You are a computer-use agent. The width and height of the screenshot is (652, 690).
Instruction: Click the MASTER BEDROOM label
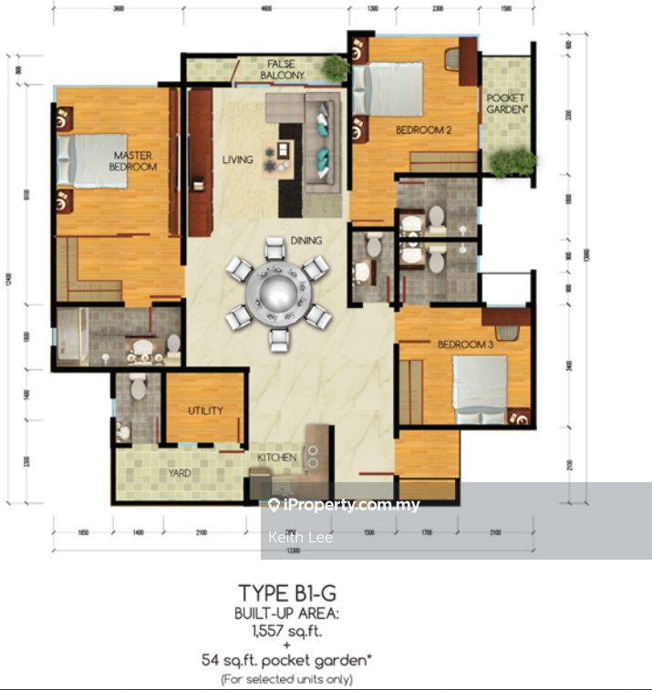132,160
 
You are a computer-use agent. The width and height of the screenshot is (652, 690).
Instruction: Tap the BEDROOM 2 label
423,130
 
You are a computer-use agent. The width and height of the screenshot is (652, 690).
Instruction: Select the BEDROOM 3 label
465,344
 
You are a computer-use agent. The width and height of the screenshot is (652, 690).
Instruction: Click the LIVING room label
237,160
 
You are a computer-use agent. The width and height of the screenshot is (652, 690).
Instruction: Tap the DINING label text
306,241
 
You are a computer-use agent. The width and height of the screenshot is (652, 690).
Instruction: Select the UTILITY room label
205,411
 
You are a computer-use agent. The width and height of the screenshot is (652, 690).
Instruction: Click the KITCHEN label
276,457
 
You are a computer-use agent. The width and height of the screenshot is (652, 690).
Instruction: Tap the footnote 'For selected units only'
286,679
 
